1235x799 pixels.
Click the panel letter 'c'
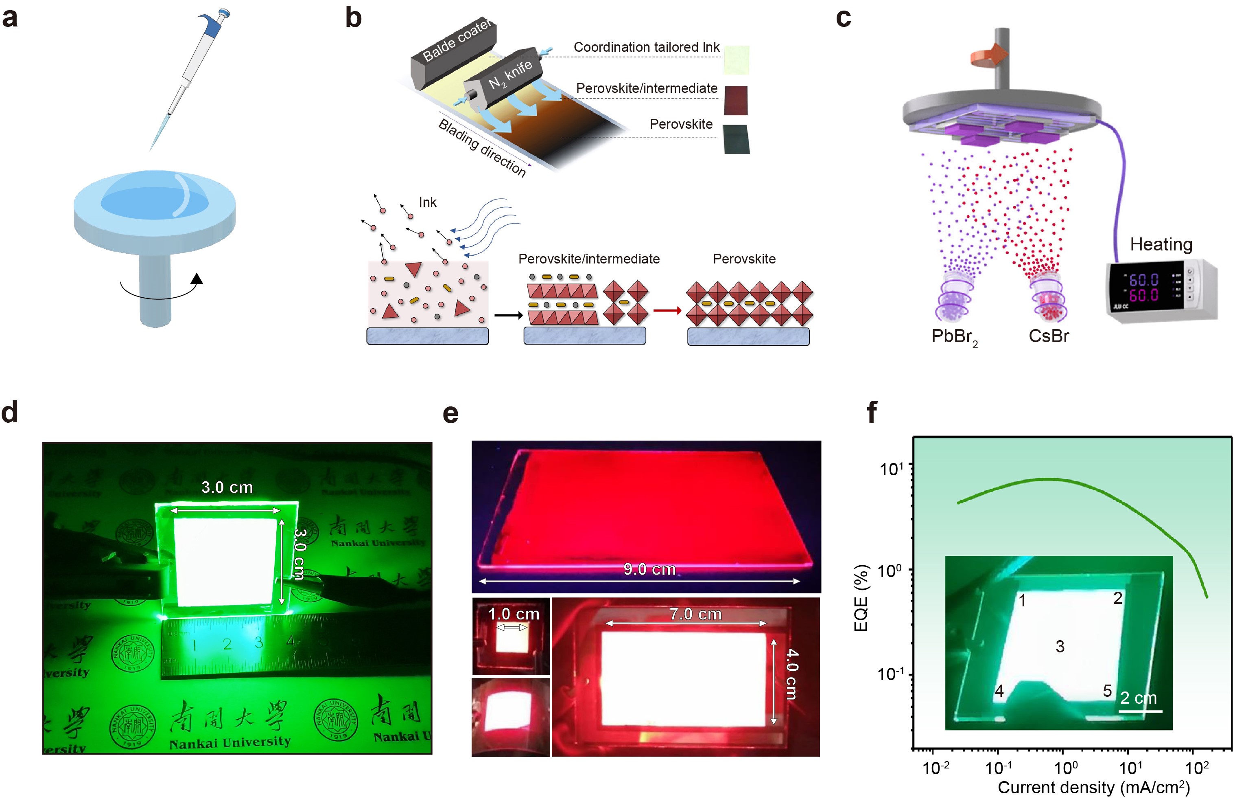843,19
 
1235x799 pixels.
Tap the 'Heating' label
1161,244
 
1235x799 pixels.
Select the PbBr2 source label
953,337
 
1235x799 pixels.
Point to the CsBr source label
1048,336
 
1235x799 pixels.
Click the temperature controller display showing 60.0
1143,288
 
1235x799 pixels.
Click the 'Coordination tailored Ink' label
646,47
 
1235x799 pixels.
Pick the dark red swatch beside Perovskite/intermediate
736,100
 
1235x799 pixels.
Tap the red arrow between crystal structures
667,311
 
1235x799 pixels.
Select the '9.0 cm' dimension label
649,569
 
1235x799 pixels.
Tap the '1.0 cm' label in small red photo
513,614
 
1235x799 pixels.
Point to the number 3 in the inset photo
1060,646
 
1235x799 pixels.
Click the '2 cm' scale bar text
1138,698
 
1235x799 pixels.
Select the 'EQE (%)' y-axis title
861,598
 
